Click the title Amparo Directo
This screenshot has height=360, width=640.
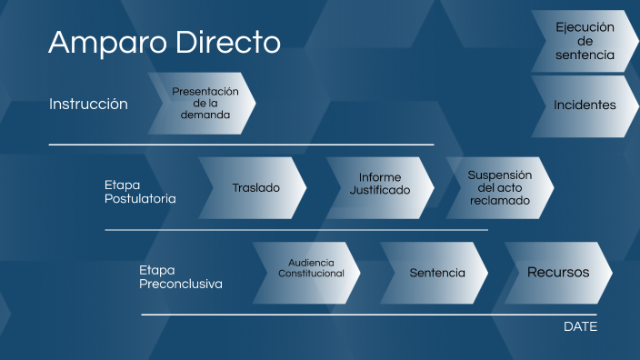(x=164, y=42)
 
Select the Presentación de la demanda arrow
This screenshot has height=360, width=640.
(x=205, y=104)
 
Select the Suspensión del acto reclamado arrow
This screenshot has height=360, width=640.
(x=499, y=188)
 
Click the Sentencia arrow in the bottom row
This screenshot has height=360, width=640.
(x=436, y=273)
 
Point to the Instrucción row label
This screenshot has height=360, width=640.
(x=88, y=104)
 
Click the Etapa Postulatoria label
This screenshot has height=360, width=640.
(x=139, y=191)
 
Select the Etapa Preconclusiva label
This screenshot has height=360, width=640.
(x=180, y=276)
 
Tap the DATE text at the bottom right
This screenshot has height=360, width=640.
(x=580, y=326)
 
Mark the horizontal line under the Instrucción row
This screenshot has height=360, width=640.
(x=241, y=145)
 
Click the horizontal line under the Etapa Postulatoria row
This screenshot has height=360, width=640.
(x=295, y=230)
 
